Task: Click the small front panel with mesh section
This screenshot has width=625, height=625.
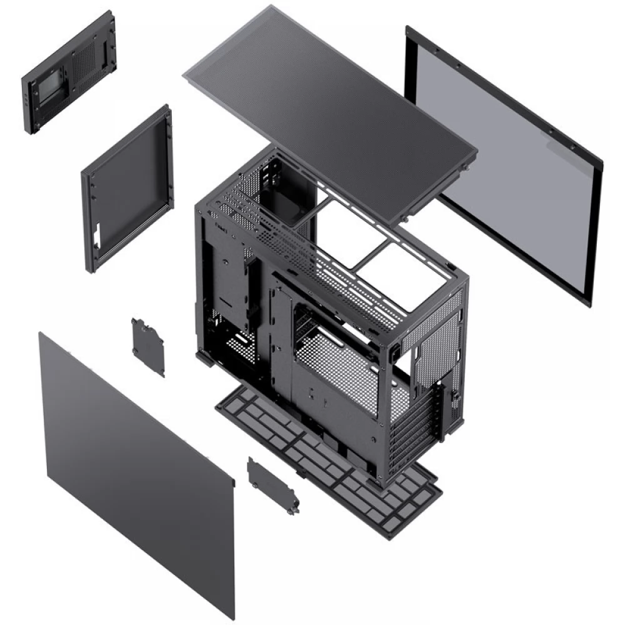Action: click(69, 72)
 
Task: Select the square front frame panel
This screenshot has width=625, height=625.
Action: click(128, 187)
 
